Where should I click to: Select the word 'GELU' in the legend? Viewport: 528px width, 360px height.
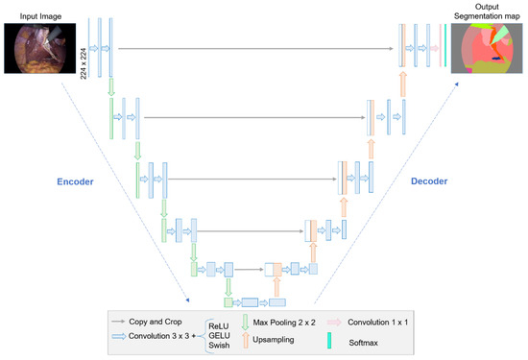pos(220,337)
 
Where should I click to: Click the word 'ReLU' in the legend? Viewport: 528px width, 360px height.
pos(220,325)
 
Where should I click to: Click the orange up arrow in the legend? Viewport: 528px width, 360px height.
pos(245,340)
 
